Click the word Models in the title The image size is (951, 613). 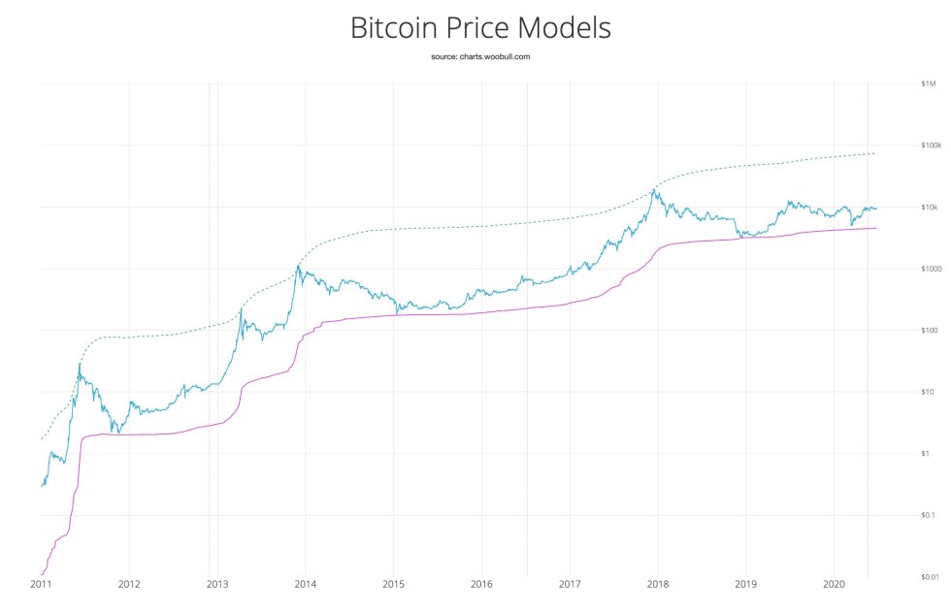click(x=567, y=27)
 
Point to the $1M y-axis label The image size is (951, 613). click(x=928, y=83)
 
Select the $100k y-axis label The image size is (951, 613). click(x=930, y=145)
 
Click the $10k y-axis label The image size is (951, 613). click(x=929, y=207)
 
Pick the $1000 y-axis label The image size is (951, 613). click(x=929, y=269)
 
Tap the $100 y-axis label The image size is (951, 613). click(x=928, y=330)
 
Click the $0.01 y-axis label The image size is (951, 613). click(x=928, y=576)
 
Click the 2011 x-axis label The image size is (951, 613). click(x=41, y=585)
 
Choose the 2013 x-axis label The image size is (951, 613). click(x=217, y=585)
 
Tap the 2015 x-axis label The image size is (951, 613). click(x=394, y=585)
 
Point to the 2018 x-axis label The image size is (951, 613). click(x=658, y=585)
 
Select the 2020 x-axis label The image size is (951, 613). click(x=835, y=585)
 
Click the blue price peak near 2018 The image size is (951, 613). click(x=657, y=191)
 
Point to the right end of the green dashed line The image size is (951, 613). click(x=875, y=153)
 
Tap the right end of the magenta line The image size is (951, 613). click(x=876, y=228)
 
